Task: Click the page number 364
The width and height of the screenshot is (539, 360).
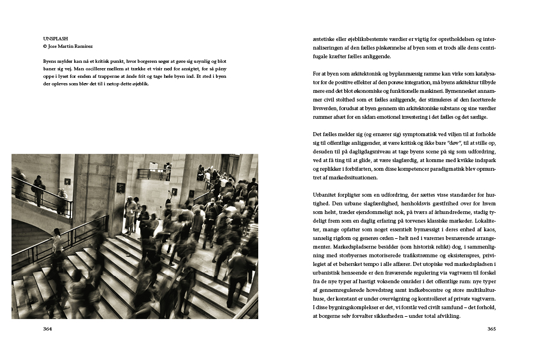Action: (x=48, y=329)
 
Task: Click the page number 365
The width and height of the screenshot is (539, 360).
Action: (x=491, y=329)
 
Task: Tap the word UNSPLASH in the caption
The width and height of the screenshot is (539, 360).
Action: (x=55, y=39)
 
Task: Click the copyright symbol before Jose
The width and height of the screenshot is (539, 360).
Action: (x=45, y=46)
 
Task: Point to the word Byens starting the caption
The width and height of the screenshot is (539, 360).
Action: (x=51, y=61)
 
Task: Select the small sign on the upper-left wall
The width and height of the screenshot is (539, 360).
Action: (x=67, y=181)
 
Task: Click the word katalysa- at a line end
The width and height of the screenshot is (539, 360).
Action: (x=482, y=74)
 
